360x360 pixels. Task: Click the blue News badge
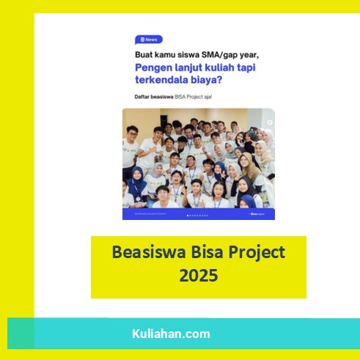pyautogui.click(x=148, y=40)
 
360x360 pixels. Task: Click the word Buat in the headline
pyautogui.click(x=146, y=54)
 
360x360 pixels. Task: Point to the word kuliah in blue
pyautogui.click(x=216, y=68)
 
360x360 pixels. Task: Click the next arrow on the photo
pyautogui.click(x=270, y=122)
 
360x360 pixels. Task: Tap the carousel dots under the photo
pyautogui.click(x=198, y=216)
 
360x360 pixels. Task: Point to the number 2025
pyautogui.click(x=198, y=276)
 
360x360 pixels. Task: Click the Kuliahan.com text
pyautogui.click(x=171, y=334)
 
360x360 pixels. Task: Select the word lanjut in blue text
pyautogui.click(x=188, y=68)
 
